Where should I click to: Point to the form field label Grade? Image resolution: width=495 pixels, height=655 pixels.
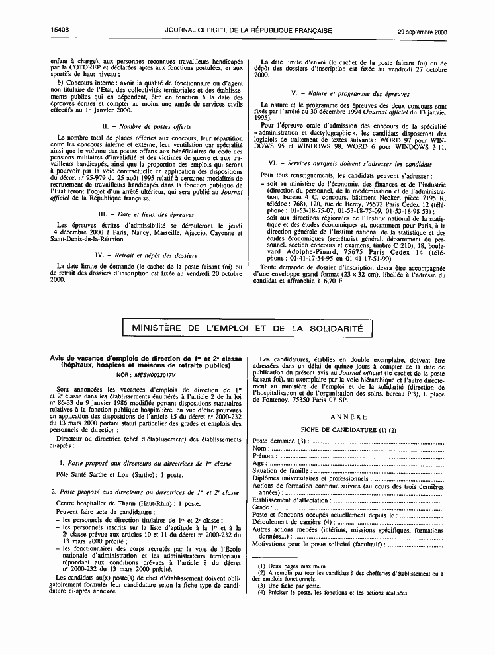(262, 507)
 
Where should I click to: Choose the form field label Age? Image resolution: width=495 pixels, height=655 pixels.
(259, 463)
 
